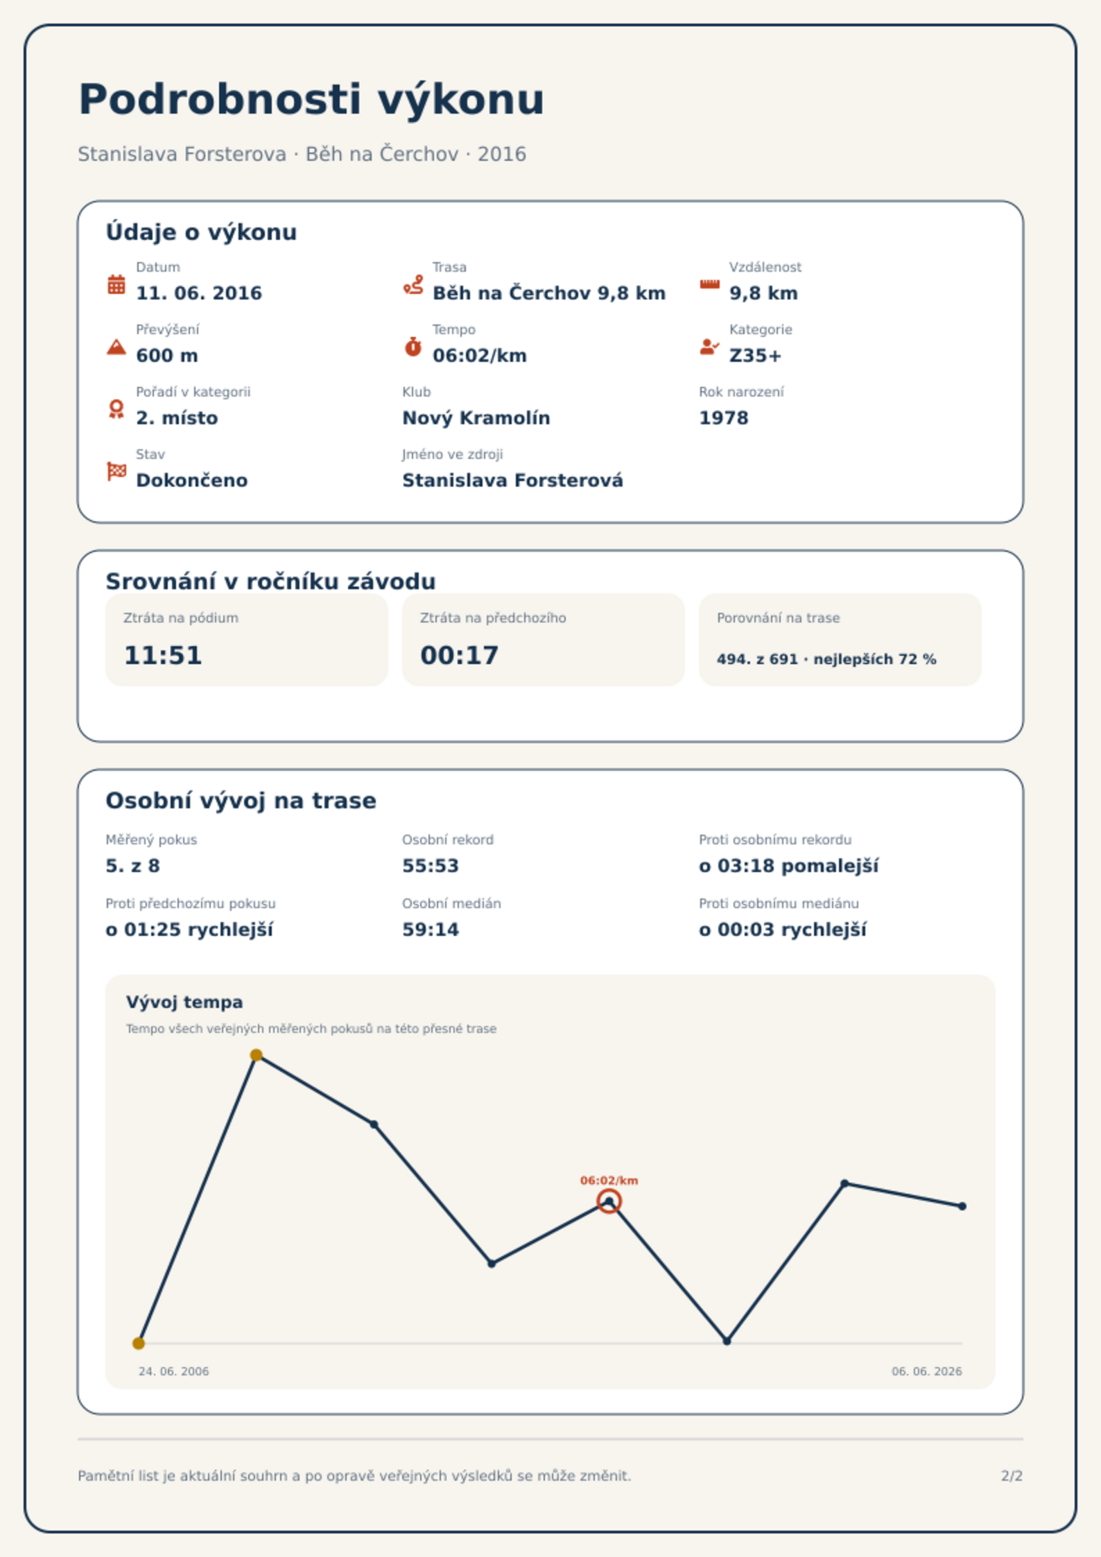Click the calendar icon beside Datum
[x=116, y=284]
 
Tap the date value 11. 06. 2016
[x=199, y=293]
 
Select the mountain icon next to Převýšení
[x=116, y=347]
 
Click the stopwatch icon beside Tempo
[x=413, y=347]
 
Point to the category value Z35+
[x=755, y=356]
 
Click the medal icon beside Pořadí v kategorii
[x=116, y=409]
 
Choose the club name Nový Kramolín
[x=476, y=418]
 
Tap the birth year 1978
[x=724, y=418]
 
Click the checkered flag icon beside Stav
[x=116, y=471]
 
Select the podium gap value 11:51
[x=163, y=655]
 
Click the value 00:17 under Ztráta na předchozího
[x=460, y=655]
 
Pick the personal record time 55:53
[x=431, y=866]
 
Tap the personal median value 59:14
[x=431, y=930]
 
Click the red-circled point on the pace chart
[x=609, y=1201]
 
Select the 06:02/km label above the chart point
[x=609, y=1181]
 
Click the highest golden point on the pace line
[x=256, y=1055]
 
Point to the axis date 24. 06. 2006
[x=173, y=1371]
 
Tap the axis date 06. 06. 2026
[x=927, y=1371]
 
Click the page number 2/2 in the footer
[x=1012, y=1476]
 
